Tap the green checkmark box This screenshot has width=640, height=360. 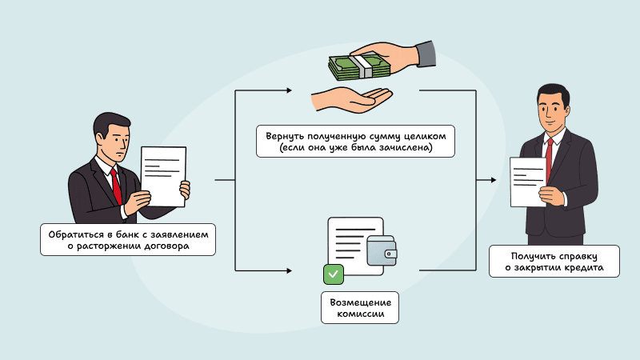tap(333, 274)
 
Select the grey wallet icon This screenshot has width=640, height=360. tap(381, 254)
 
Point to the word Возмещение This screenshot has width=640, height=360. tap(360, 302)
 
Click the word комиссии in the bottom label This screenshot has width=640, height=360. tap(360, 314)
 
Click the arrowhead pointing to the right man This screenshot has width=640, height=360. tap(492, 181)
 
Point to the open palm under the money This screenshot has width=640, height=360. tap(352, 100)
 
